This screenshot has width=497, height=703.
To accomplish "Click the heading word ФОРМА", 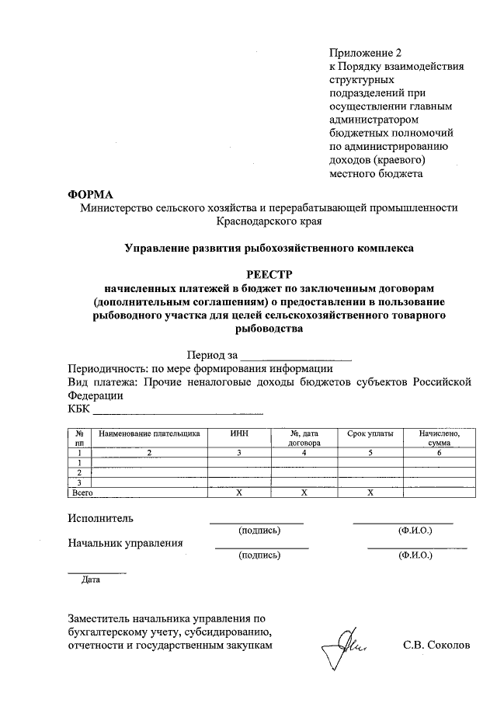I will [91, 193].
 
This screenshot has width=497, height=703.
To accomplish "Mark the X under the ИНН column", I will [240, 492].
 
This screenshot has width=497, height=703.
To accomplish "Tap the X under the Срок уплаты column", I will [370, 492].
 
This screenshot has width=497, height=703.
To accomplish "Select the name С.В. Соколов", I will [437, 646].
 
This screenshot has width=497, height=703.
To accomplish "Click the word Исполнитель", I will [101, 517].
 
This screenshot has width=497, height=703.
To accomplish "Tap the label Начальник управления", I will [126, 543].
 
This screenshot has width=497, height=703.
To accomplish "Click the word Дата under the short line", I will [91, 579].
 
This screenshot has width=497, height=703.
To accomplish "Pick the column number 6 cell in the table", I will [440, 451].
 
